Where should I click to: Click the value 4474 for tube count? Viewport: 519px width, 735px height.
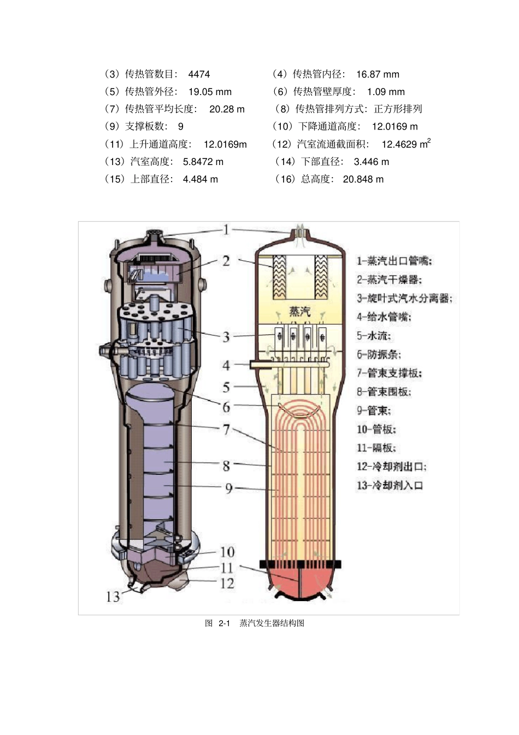pos(199,74)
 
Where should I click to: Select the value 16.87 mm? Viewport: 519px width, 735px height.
pos(378,74)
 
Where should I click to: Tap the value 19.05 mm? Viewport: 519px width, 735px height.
pos(210,92)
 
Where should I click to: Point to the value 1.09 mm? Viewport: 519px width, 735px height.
pos(386,92)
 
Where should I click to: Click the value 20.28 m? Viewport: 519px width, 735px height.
pos(227,109)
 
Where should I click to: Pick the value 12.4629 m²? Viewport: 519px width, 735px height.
pos(405,144)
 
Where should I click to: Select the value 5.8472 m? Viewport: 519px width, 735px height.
pos(203,162)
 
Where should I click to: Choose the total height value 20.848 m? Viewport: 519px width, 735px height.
pos(363,179)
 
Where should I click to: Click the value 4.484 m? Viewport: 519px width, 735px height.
pos(200,179)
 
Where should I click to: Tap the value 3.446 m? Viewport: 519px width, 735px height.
pos(371,162)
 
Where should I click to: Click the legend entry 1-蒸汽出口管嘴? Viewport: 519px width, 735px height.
pos(394,261)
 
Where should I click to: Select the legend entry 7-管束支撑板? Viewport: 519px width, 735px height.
pos(389,373)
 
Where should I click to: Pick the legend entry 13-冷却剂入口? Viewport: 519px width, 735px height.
pos(390,485)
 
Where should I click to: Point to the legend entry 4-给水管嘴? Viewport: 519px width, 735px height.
pos(384,317)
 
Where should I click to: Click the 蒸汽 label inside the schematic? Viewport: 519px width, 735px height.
pos(299,311)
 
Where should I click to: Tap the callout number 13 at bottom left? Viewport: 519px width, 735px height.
pos(113,597)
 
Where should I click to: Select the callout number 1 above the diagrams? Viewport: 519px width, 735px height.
pos(226,230)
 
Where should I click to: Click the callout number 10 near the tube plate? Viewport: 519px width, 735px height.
pos(227,552)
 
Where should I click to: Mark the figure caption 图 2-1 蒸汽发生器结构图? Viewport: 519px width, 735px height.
pos(255,624)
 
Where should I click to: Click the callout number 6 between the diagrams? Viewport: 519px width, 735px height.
pos(226,407)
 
